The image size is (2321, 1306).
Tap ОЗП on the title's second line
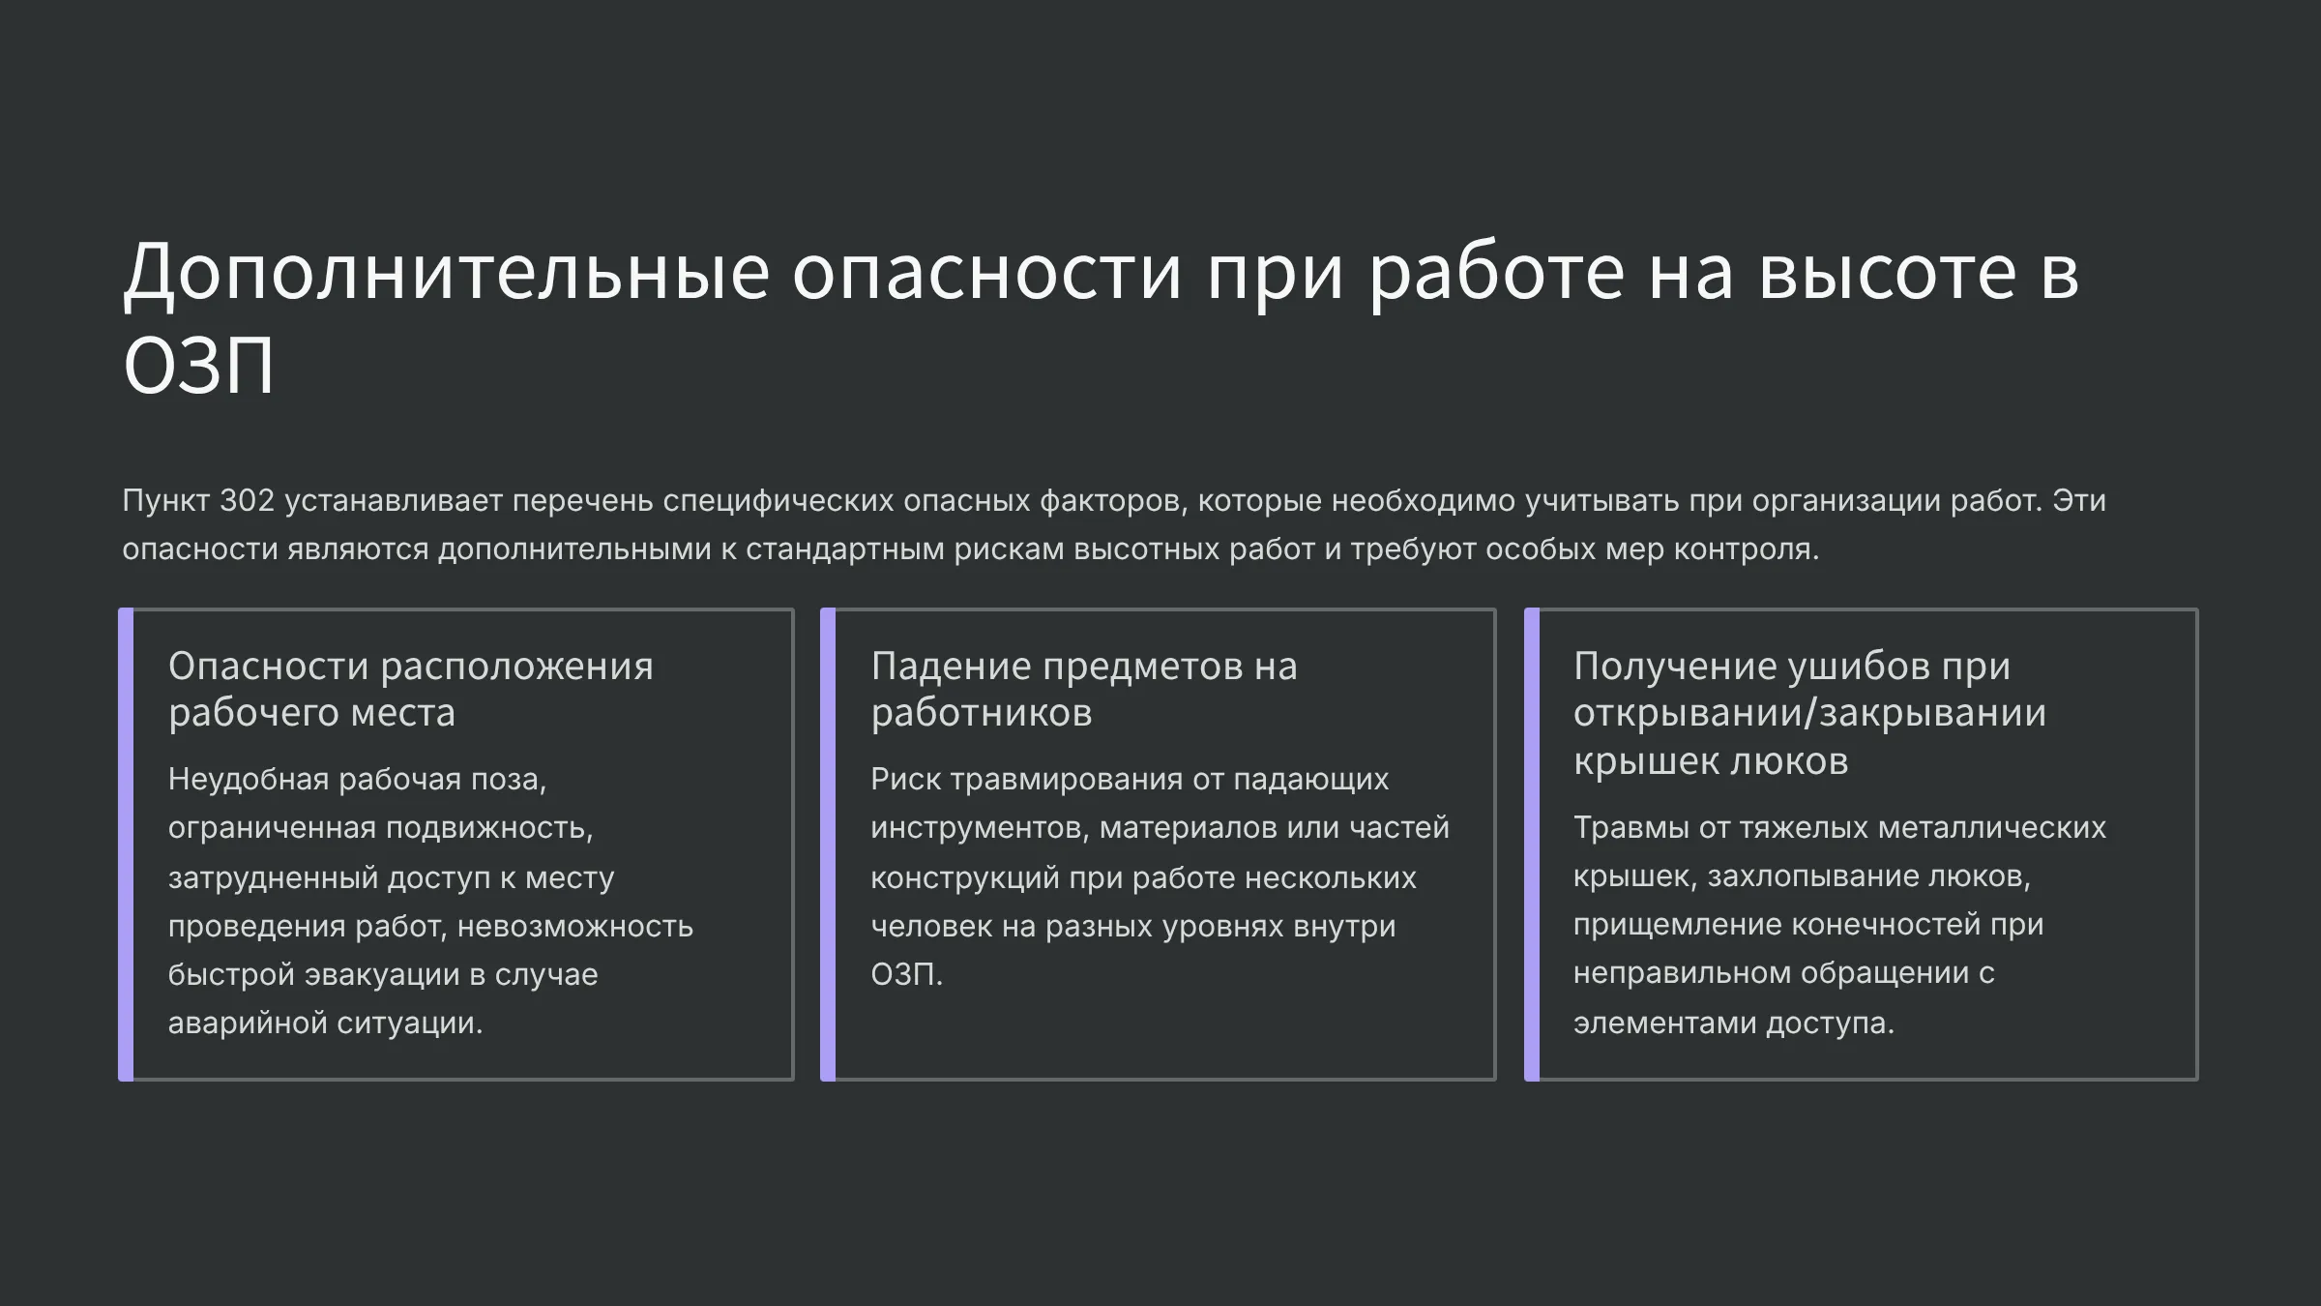pyautogui.click(x=199, y=367)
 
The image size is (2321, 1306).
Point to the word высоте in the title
pyautogui.click(x=1887, y=273)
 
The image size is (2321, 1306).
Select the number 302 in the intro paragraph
pyautogui.click(x=247, y=500)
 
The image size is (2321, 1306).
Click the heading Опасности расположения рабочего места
pyautogui.click(x=411, y=689)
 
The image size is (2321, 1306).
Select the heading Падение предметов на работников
pyautogui.click(x=1084, y=689)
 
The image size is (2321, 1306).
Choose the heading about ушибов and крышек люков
pyautogui.click(x=1809, y=713)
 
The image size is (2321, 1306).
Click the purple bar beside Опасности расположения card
pyautogui.click(x=126, y=845)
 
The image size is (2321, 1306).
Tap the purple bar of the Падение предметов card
pyautogui.click(x=828, y=845)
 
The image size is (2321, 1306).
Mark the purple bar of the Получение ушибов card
pyautogui.click(x=1532, y=845)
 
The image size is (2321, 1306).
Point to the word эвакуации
pyautogui.click(x=382, y=974)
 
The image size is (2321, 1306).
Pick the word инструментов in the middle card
pyautogui.click(x=980, y=828)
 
